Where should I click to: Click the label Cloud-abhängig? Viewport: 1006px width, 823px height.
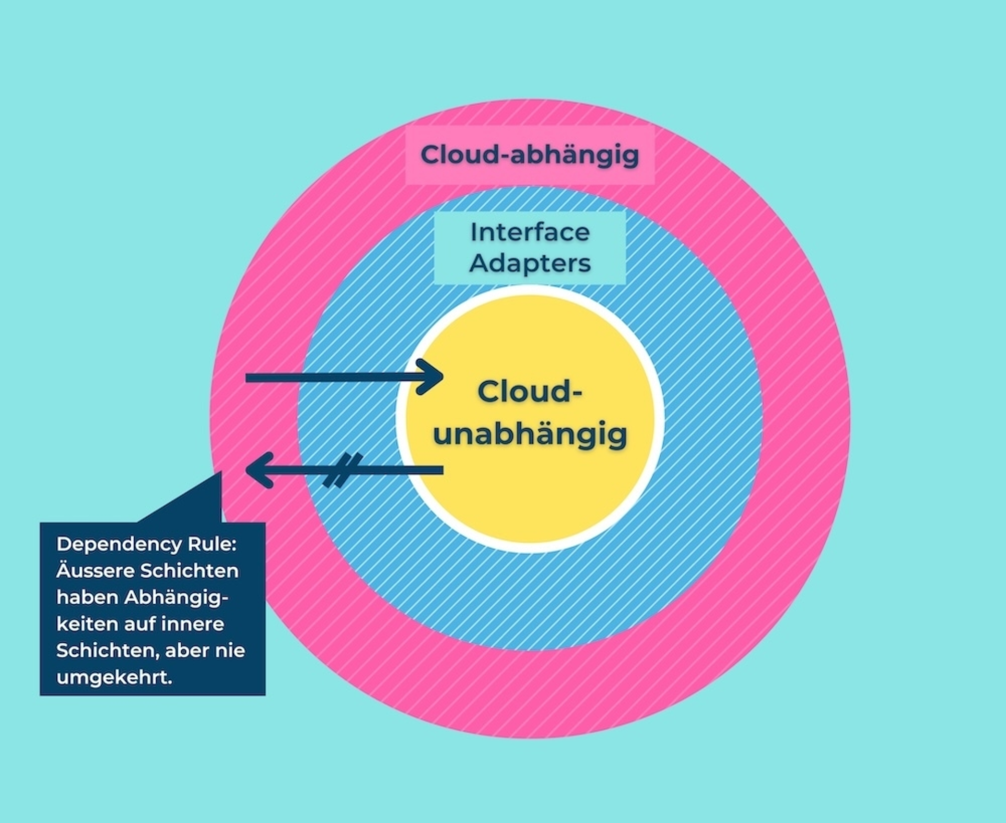tap(530, 155)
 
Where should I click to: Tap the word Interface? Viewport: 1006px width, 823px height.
tap(530, 232)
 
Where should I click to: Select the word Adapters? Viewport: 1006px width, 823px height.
tap(530, 263)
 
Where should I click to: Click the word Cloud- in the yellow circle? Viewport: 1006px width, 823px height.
tap(530, 392)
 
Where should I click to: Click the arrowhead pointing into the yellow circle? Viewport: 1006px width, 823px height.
tap(433, 377)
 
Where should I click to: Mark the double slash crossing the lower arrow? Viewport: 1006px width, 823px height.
tap(343, 470)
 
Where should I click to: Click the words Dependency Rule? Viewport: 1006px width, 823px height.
tap(146, 544)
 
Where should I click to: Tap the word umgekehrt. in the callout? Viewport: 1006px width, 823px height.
tap(114, 677)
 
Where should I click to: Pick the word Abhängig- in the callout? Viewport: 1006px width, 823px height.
tap(177, 597)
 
